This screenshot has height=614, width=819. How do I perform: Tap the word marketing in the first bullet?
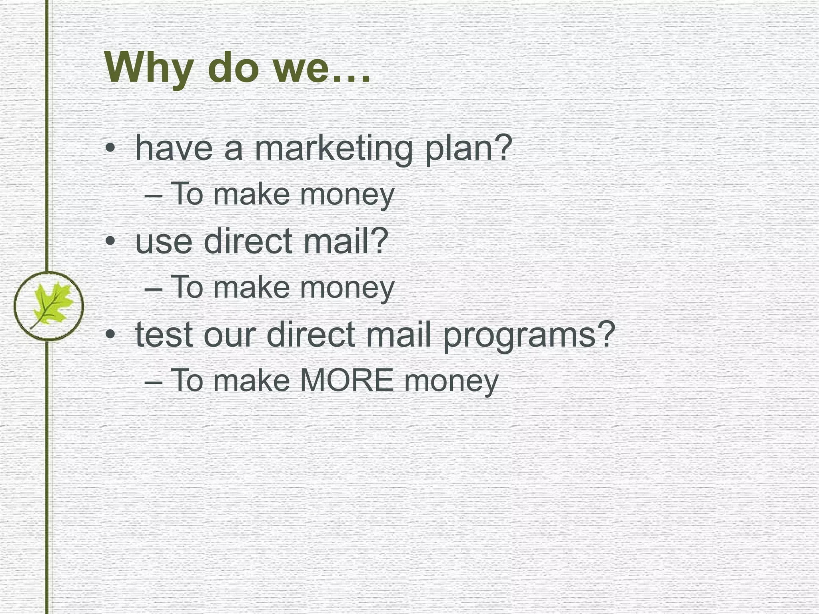(x=333, y=149)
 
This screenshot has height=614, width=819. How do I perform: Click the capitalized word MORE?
(x=347, y=381)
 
